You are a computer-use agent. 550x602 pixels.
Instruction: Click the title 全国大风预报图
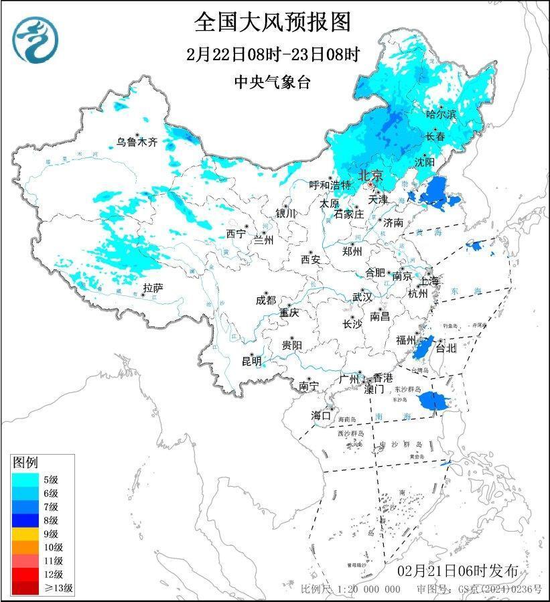click(x=273, y=21)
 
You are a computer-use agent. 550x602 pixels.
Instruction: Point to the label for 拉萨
click(x=153, y=288)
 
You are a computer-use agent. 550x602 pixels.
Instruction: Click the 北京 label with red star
click(x=370, y=175)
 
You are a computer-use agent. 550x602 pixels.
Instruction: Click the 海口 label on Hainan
click(x=321, y=416)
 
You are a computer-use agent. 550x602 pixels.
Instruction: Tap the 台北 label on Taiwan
click(x=445, y=348)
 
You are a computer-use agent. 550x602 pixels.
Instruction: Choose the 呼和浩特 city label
click(x=330, y=185)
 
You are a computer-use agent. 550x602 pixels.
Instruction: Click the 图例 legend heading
click(x=25, y=463)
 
